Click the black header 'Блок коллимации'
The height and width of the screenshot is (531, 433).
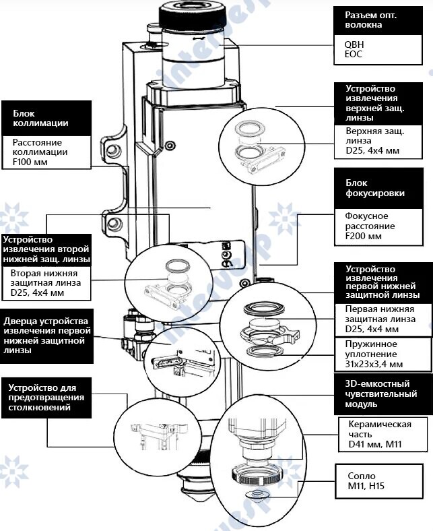[x=46, y=119]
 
